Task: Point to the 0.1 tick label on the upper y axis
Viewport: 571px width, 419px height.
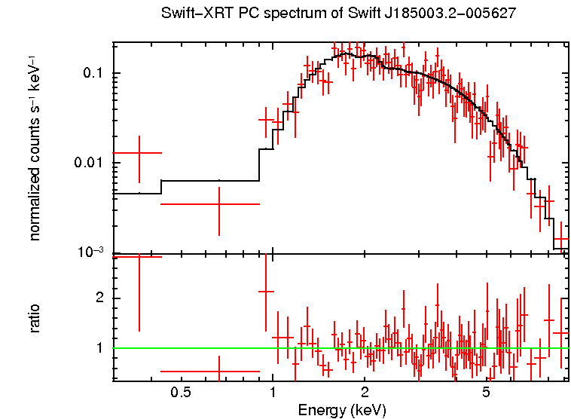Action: (x=93, y=74)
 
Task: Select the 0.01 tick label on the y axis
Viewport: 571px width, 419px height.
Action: (x=89, y=164)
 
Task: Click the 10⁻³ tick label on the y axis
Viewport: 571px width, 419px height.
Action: (x=91, y=252)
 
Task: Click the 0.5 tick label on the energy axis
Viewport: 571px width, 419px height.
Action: (x=180, y=393)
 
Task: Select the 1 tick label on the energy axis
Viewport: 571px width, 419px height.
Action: (x=272, y=393)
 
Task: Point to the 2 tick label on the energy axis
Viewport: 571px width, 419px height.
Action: (x=365, y=393)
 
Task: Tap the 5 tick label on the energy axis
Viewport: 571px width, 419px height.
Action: (x=487, y=393)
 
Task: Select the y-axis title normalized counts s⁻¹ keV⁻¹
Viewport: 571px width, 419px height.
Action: (x=35, y=147)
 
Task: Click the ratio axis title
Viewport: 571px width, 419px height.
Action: (x=35, y=318)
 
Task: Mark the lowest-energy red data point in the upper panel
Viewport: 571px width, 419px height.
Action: (x=139, y=153)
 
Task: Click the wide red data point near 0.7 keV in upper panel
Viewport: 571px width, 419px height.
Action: (x=218, y=203)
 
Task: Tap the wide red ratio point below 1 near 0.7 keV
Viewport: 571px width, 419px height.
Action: (x=218, y=372)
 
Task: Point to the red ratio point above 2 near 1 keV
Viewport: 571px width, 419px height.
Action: (x=265, y=291)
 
